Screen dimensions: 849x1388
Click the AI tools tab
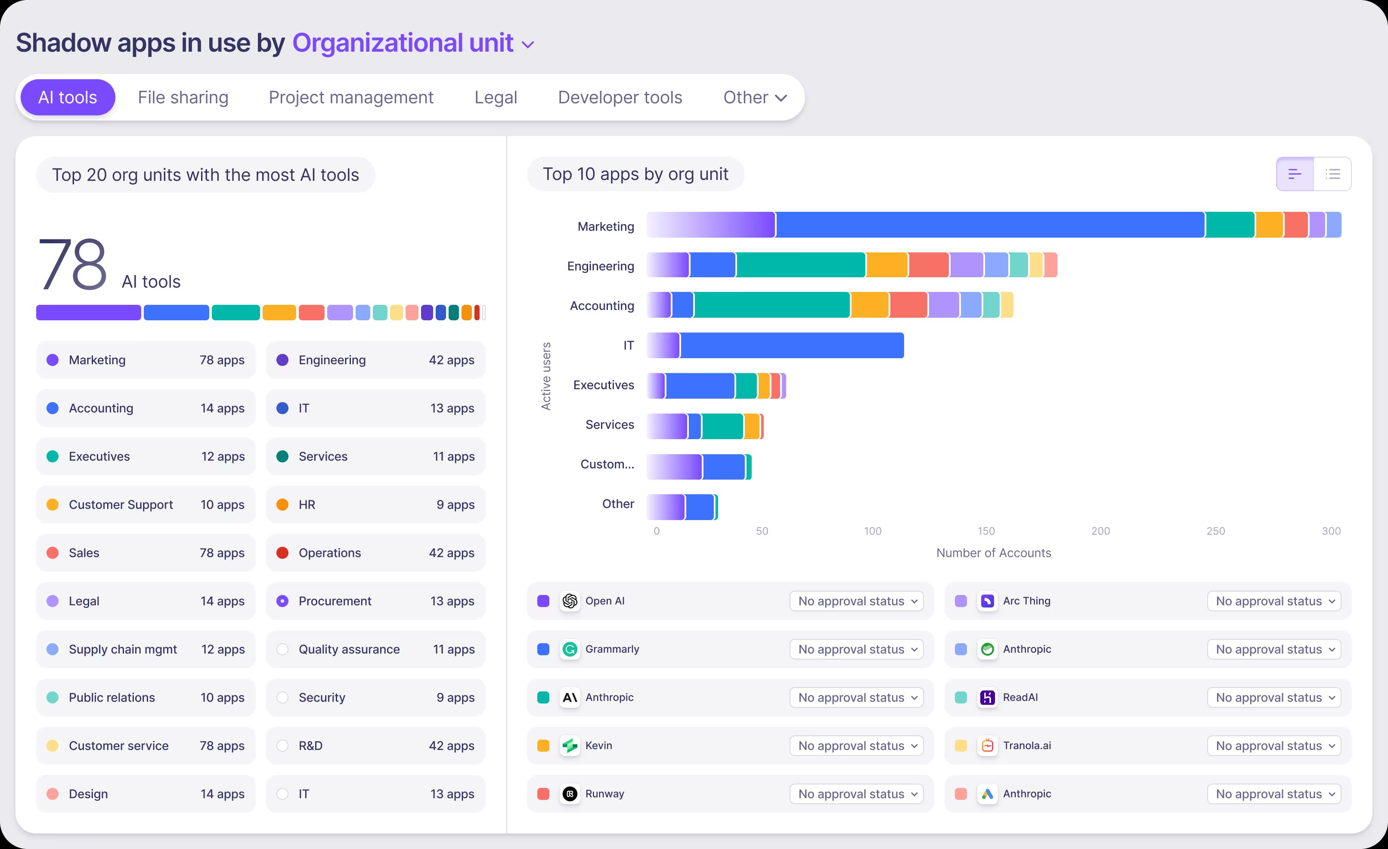68,97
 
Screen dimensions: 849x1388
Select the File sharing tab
183,97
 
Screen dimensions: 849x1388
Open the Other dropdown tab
754,97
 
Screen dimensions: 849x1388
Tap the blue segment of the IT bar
791,345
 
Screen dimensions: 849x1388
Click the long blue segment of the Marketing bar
990,225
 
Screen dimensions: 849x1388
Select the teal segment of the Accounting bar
772,305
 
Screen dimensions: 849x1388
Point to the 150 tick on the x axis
986,531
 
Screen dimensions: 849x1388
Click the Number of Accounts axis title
993,553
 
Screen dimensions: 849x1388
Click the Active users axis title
546,376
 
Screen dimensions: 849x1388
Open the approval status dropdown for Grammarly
856,649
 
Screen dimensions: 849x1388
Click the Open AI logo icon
570,601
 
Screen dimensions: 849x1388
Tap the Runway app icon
570,794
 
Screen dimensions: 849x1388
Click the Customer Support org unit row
146,505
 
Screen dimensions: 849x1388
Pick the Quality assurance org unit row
375,649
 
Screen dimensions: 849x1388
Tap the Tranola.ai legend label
1026,745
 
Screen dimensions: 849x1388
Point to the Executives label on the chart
603,385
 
